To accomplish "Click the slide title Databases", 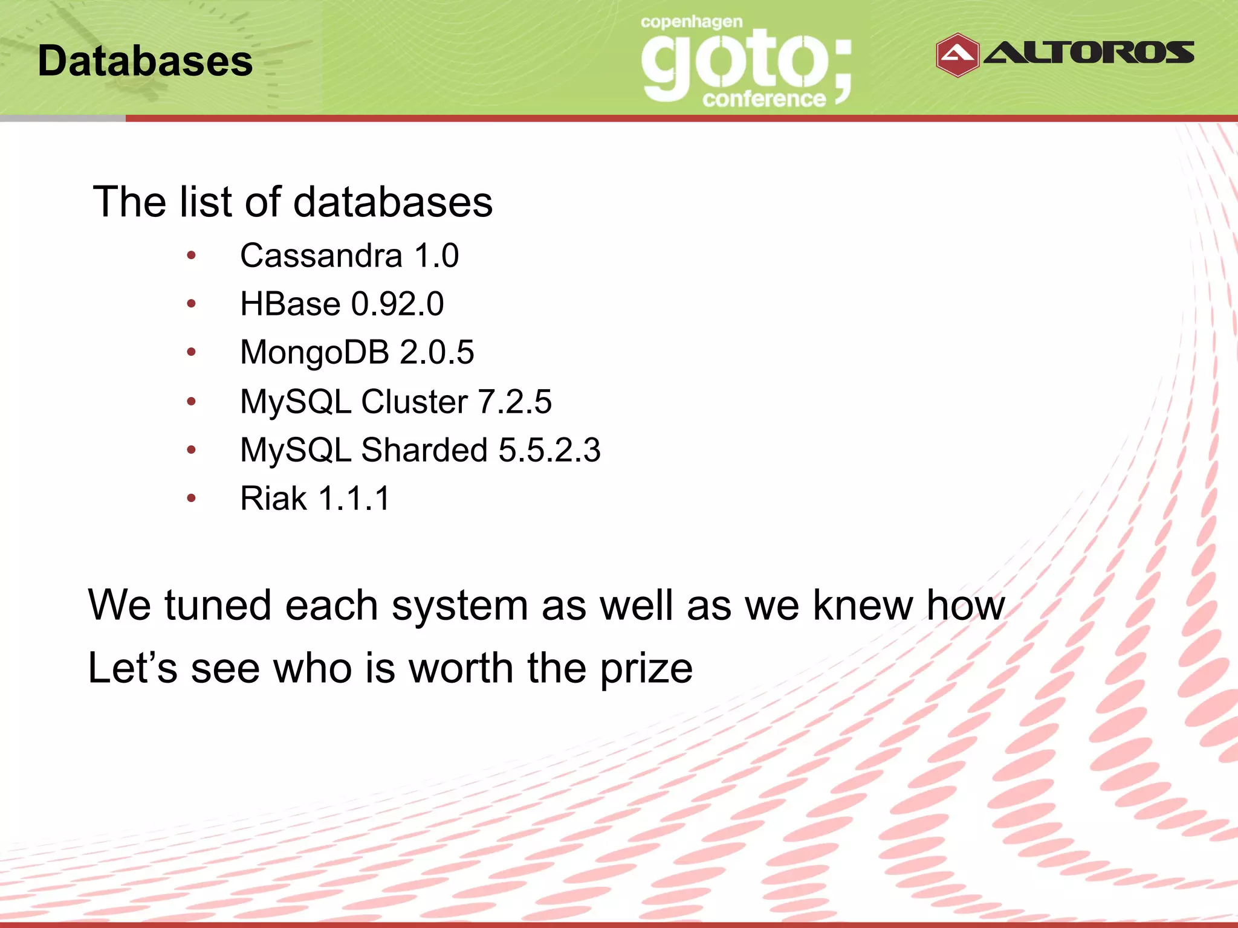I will (145, 61).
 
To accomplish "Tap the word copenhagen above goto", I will (692, 22).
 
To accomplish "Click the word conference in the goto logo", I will (763, 98).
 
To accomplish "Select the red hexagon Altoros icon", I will (957, 55).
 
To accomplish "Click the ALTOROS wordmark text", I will (1089, 53).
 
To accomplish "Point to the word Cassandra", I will (321, 256).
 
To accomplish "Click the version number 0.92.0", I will (397, 304).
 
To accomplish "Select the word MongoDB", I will (314, 352).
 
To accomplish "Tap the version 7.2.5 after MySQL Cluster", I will (514, 402).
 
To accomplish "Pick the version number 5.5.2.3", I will (549, 450).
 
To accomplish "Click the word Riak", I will (273, 498).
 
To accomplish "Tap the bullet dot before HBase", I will (191, 303).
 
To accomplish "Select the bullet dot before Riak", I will (191, 498).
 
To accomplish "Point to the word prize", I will (646, 669).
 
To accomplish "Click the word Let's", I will (132, 668).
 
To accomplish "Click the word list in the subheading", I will (206, 201).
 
